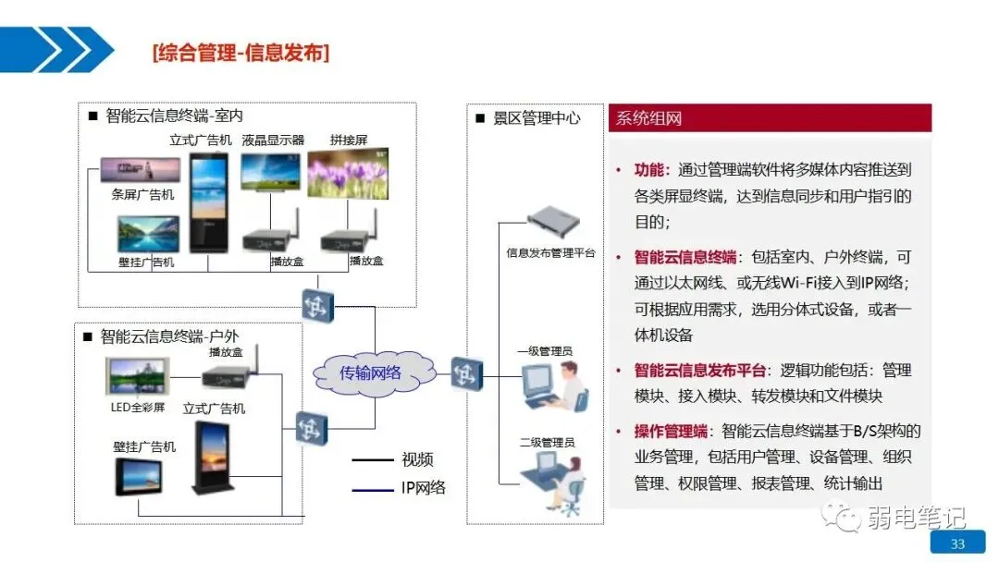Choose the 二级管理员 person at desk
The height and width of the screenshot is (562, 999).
point(553,481)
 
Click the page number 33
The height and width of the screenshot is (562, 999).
point(957,544)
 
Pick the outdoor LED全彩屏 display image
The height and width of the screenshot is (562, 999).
point(138,379)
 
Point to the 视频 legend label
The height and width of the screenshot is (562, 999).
point(417,459)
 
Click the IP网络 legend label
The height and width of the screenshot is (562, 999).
point(423,487)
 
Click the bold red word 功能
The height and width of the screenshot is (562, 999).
point(649,170)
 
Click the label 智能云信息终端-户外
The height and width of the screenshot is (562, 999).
point(169,336)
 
